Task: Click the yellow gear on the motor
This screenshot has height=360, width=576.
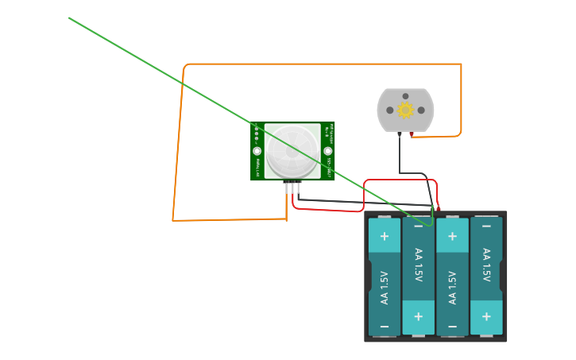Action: click(405, 110)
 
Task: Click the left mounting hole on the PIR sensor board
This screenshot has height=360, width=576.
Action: click(257, 151)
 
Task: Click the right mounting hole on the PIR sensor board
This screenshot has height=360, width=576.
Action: click(327, 151)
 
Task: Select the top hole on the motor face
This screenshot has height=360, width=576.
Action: click(405, 96)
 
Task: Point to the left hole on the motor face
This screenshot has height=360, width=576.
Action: click(390, 110)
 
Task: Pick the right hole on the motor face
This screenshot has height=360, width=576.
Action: click(421, 110)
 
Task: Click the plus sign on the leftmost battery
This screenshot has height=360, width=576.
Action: click(385, 236)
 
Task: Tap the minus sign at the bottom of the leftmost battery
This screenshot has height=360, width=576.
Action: click(385, 327)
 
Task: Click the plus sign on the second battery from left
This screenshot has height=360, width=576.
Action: click(419, 317)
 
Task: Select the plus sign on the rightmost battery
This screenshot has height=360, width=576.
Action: click(486, 317)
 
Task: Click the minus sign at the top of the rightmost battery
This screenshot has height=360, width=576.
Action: click(486, 227)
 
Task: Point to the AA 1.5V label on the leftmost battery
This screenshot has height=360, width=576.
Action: click(385, 288)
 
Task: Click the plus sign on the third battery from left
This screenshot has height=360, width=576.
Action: click(452, 236)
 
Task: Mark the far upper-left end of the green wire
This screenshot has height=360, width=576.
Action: click(70, 18)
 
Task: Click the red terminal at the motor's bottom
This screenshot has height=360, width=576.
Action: click(411, 134)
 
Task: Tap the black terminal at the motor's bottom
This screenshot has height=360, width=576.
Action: click(399, 134)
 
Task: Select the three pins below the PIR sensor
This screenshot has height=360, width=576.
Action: click(292, 187)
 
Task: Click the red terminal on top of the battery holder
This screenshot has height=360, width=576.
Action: click(438, 209)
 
